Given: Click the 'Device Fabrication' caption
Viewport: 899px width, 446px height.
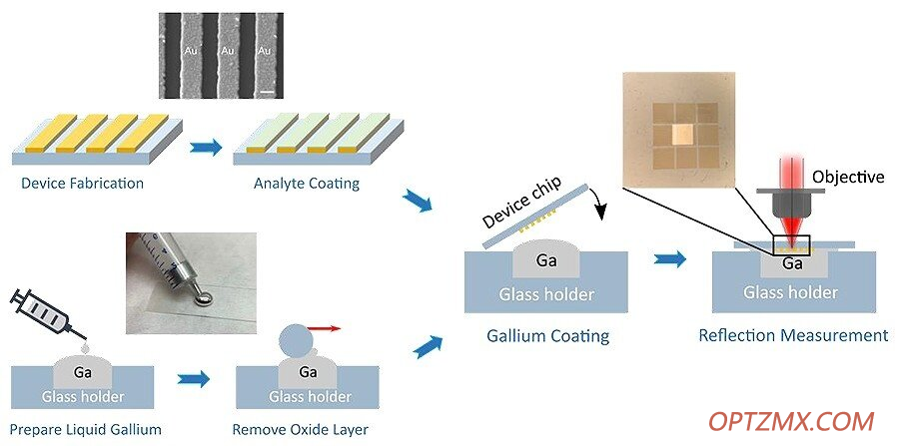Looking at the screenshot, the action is point(82,184).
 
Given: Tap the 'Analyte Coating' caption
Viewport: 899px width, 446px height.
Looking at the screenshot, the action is point(307,184).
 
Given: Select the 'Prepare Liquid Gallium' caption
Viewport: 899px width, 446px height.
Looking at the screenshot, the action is point(86,429).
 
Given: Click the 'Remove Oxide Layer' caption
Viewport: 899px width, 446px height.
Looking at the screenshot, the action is point(301,429).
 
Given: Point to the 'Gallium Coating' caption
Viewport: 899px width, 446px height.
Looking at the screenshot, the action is point(548,335).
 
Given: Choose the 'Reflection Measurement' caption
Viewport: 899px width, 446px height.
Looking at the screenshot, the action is point(793,335).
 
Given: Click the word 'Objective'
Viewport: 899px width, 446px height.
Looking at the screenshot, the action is point(848,177).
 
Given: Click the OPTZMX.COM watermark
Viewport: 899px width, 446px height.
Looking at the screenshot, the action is point(791,421).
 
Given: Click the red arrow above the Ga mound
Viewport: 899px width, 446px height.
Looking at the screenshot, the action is point(324,328).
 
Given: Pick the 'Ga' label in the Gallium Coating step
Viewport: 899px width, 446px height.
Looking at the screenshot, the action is point(545,261).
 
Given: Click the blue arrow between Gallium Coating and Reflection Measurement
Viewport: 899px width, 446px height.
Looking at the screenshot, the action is point(670,258).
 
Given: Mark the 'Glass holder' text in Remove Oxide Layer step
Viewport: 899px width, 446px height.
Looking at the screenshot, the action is point(311,396).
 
